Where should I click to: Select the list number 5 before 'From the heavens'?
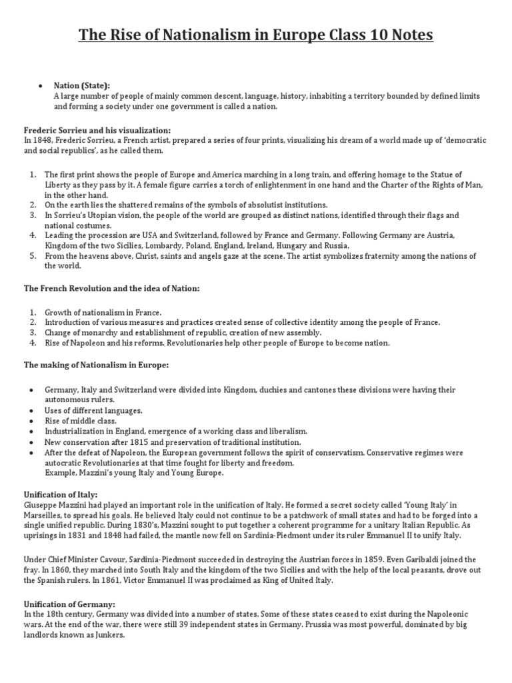click(x=33, y=256)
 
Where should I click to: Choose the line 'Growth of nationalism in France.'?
click(x=103, y=312)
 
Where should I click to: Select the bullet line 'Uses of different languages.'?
click(x=93, y=410)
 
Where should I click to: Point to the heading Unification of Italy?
click(x=61, y=495)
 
